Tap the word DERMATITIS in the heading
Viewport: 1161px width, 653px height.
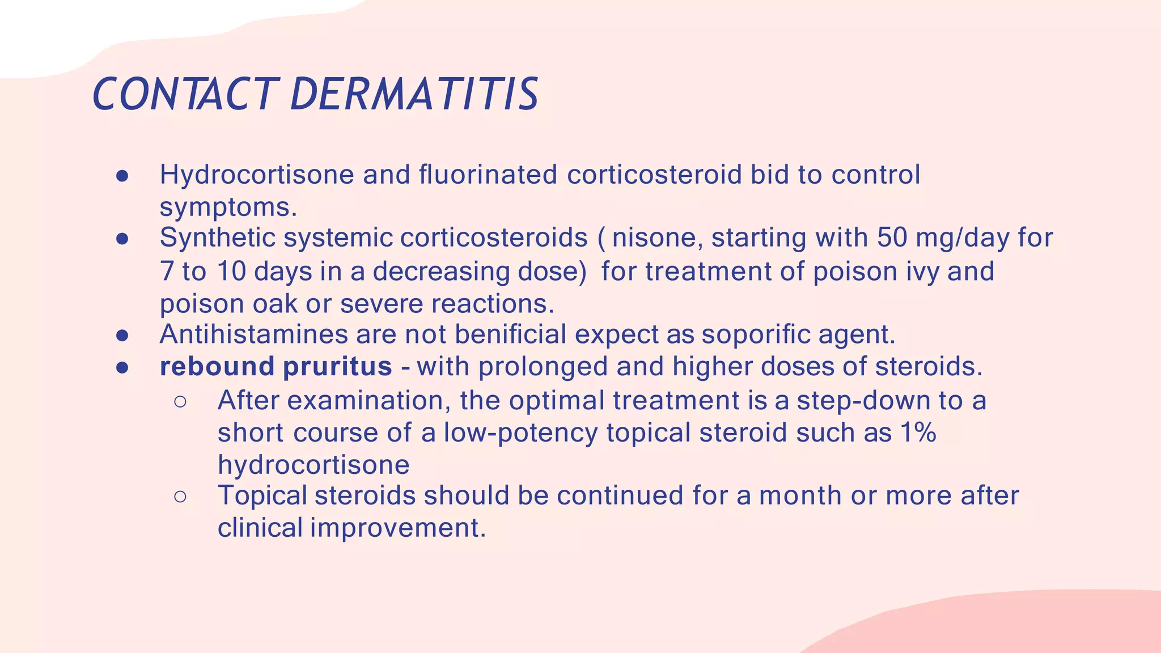coord(414,94)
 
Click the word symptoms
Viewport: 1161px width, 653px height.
coord(228,207)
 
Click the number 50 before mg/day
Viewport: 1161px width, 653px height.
coord(892,238)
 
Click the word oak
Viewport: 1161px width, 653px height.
coord(274,304)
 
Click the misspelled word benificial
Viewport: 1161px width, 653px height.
coord(510,334)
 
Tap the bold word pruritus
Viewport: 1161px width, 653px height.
coord(337,367)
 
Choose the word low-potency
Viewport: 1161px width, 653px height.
coord(520,433)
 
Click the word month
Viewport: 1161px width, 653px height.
coord(800,495)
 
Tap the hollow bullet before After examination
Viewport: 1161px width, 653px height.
coord(180,402)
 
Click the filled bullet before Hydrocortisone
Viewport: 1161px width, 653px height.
coord(122,176)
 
